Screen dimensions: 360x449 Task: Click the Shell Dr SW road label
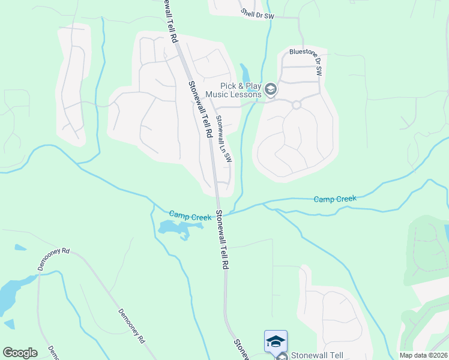tap(257, 14)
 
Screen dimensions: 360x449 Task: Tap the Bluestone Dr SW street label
tap(306, 61)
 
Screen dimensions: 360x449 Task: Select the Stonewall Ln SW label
tap(224, 139)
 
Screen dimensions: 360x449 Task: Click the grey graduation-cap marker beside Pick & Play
tap(271, 90)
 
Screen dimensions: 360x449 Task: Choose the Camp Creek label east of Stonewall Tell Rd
tap(335, 199)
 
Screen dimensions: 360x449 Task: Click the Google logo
tap(20, 353)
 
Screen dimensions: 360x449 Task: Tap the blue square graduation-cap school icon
tap(276, 341)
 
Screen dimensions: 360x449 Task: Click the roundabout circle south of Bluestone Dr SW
tap(296, 105)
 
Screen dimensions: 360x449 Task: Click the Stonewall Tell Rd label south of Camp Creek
tap(223, 239)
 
